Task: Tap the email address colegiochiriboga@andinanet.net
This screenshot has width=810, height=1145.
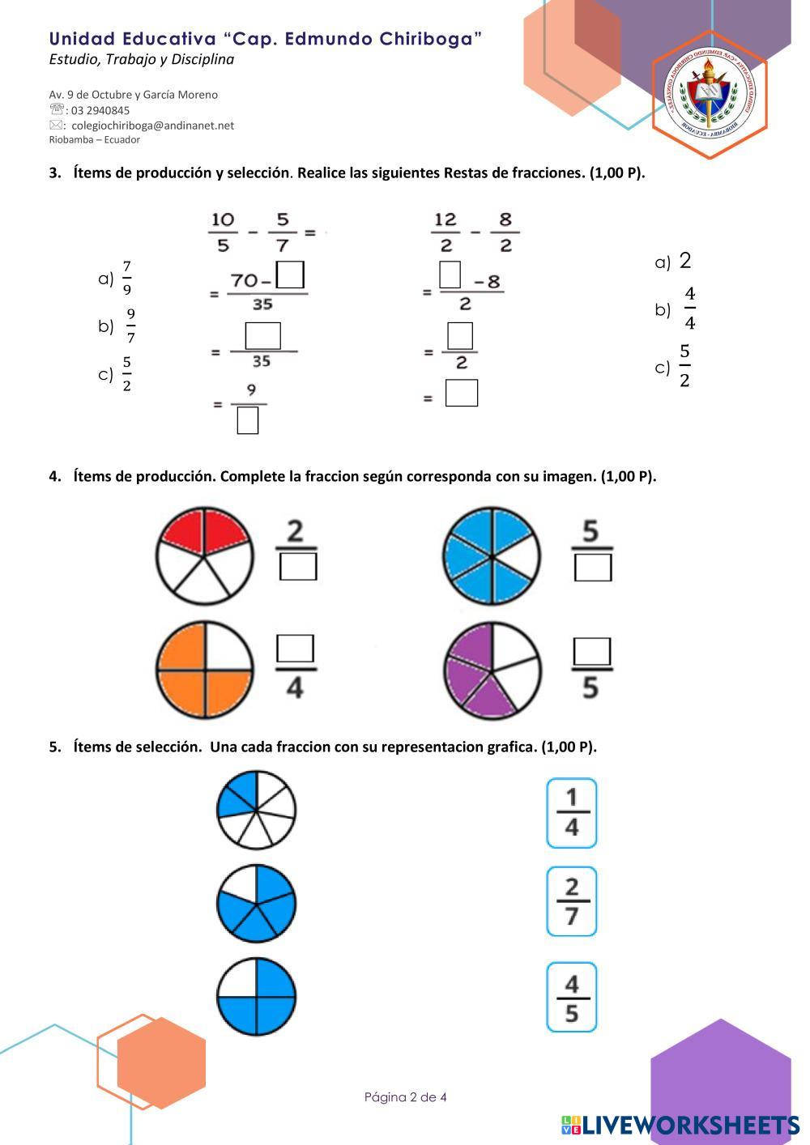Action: pyautogui.click(x=152, y=126)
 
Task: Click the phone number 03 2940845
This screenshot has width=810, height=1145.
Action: pyautogui.click(x=100, y=110)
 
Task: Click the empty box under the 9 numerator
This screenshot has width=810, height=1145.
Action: pyautogui.click(x=248, y=420)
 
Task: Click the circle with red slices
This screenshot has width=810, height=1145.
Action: pyautogui.click(x=204, y=556)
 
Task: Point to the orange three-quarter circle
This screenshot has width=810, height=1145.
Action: pyautogui.click(x=204, y=670)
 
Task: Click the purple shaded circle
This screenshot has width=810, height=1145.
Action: pyautogui.click(x=492, y=670)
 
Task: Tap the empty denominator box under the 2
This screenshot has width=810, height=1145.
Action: pyautogui.click(x=297, y=567)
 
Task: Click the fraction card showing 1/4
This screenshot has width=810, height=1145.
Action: pyautogui.click(x=571, y=813)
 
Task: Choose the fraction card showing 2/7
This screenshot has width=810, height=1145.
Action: pyautogui.click(x=571, y=901)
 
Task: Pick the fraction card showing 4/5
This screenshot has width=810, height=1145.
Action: pyautogui.click(x=571, y=997)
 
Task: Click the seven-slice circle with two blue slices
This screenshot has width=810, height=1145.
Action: pyautogui.click(x=256, y=810)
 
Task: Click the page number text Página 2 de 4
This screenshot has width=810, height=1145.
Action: pyautogui.click(x=405, y=1097)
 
